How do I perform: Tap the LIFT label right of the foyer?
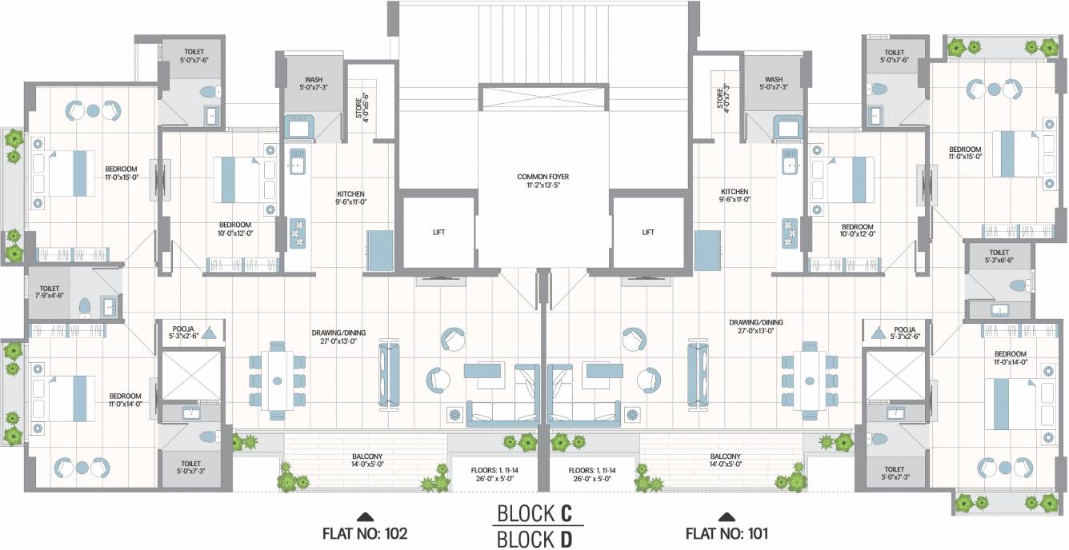[x=648, y=233]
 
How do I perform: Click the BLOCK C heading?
[x=535, y=512]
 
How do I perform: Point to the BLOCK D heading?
[x=535, y=540]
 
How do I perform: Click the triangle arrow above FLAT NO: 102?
[x=365, y=516]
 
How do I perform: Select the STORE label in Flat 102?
[x=362, y=103]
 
